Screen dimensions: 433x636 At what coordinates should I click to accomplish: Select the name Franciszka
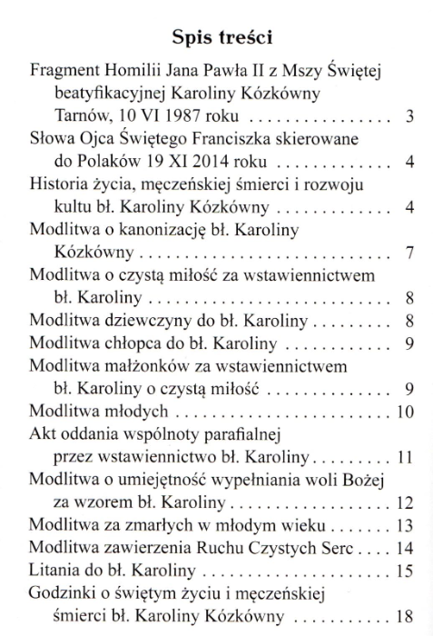pyautogui.click(x=231, y=139)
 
